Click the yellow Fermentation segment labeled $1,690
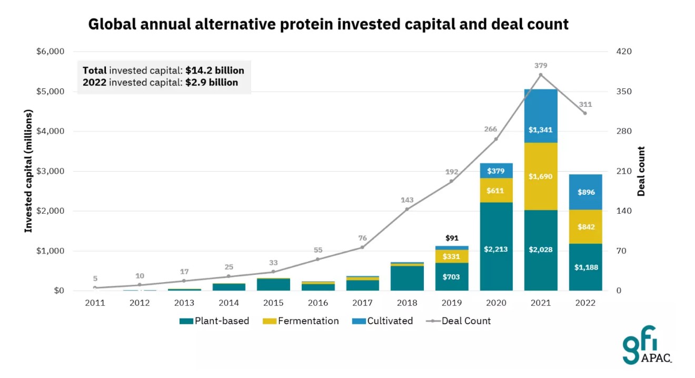pyautogui.click(x=541, y=176)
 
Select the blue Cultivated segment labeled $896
pyautogui.click(x=585, y=192)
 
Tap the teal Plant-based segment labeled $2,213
pyautogui.click(x=496, y=249)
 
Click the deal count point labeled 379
pyautogui.click(x=541, y=75)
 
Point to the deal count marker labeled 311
pyautogui.click(x=585, y=113)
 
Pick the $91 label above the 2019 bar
pyautogui.click(x=452, y=238)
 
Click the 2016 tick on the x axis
pyautogui.click(x=317, y=303)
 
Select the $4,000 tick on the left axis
pyautogui.click(x=51, y=131)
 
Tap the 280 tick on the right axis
pyautogui.click(x=624, y=131)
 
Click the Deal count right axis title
pyautogui.click(x=641, y=171)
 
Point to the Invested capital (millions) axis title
pyautogui.click(x=29, y=171)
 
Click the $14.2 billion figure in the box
pyautogui.click(x=215, y=70)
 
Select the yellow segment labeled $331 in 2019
pyautogui.click(x=452, y=256)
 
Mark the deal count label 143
pyautogui.click(x=407, y=200)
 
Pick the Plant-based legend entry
pyautogui.click(x=214, y=321)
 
